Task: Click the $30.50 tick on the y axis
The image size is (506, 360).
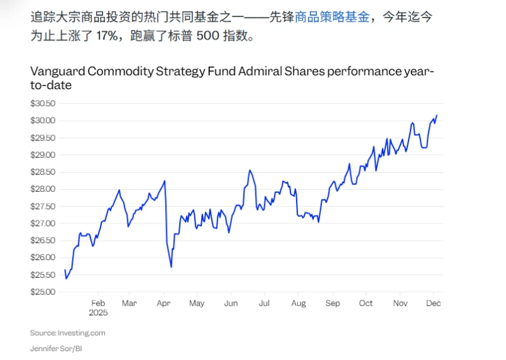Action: (43, 103)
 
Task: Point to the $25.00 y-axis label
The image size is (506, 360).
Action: (43, 292)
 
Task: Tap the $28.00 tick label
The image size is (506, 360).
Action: (43, 189)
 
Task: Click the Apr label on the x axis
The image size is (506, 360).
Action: (163, 304)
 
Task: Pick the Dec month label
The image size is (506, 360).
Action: (433, 304)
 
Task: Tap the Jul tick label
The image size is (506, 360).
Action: (264, 304)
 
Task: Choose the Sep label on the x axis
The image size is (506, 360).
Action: (332, 304)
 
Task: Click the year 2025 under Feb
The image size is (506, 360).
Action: (98, 313)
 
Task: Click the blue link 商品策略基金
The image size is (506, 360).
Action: (332, 18)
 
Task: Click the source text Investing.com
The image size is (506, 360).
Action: (82, 332)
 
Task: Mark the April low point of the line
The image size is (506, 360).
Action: (171, 267)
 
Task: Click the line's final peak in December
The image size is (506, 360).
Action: (437, 116)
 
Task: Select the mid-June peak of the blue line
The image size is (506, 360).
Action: (250, 170)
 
